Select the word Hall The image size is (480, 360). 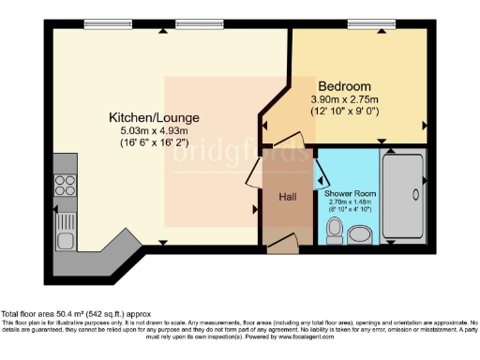pos(289,197)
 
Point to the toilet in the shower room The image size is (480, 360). pos(334,229)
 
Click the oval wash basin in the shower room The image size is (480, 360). pos(362,232)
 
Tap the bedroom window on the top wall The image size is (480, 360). pos(364,23)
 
